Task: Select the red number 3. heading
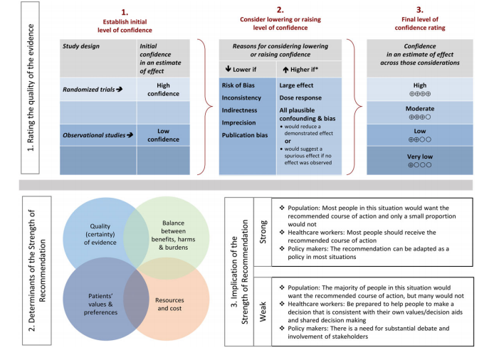point(420,11)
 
